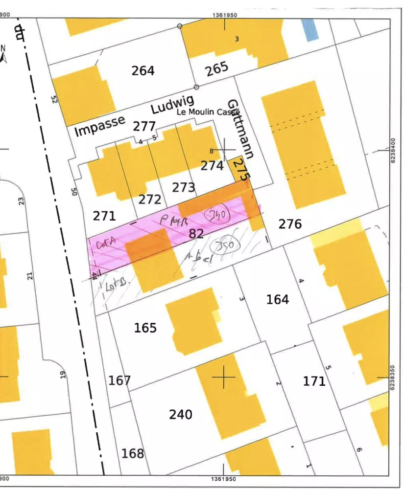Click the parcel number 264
pyautogui.click(x=143, y=71)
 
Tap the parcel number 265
pyautogui.click(x=217, y=68)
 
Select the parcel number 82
pyautogui.click(x=196, y=234)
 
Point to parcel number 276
pyautogui.click(x=290, y=224)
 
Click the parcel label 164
pyautogui.click(x=278, y=299)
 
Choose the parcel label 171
pyautogui.click(x=314, y=381)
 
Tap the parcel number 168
pyautogui.click(x=133, y=453)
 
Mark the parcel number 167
pyautogui.click(x=119, y=380)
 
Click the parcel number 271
pyautogui.click(x=104, y=216)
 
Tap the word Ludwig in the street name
pyautogui.click(x=172, y=105)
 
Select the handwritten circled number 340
pyautogui.click(x=217, y=215)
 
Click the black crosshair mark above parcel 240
pyautogui.click(x=224, y=377)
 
